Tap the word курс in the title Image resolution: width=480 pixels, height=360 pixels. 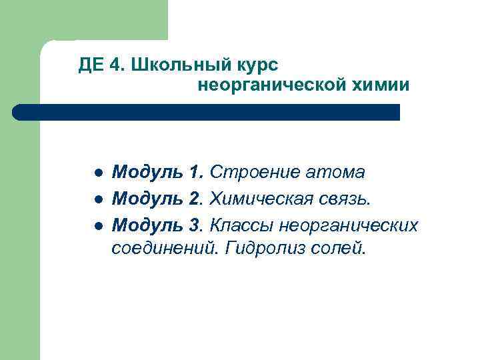coord(256,65)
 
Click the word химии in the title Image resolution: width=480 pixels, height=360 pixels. coord(383,85)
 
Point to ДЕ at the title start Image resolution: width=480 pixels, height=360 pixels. coord(89,65)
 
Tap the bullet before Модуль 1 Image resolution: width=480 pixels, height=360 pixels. coord(97,173)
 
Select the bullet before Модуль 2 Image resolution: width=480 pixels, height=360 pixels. coord(97,199)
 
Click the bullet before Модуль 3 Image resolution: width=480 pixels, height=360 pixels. coord(97,226)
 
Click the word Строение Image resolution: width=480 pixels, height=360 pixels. coord(254,173)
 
